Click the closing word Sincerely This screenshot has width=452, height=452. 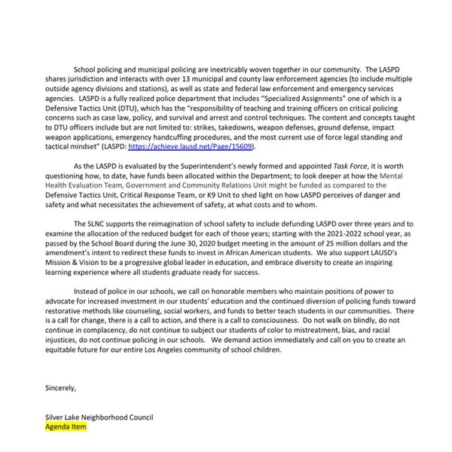click(x=61, y=389)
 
